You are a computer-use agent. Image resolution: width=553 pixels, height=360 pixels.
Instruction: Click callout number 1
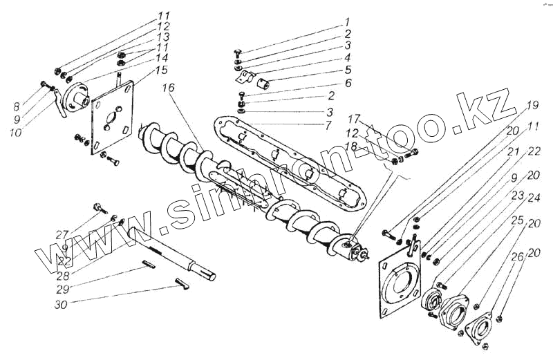(x=348, y=21)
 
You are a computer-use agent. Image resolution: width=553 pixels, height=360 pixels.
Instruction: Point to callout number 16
(x=169, y=88)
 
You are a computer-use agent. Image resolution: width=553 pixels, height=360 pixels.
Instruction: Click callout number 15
(x=161, y=70)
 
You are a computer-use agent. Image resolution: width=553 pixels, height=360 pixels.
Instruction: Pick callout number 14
(x=162, y=58)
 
